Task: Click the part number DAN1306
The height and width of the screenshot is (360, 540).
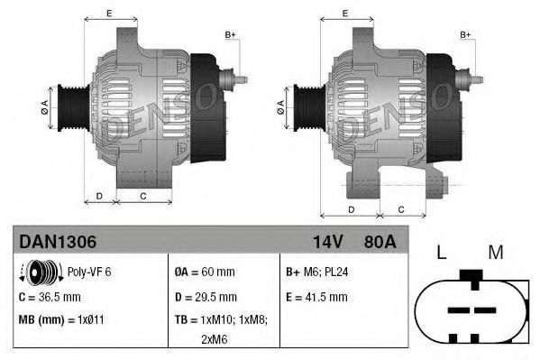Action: [x=58, y=242]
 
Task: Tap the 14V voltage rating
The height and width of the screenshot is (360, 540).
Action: [x=328, y=242]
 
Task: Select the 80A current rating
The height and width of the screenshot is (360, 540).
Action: [x=380, y=242]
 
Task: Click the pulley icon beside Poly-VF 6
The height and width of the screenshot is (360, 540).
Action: [x=41, y=272]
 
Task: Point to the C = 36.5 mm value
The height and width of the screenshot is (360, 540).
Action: [x=50, y=297]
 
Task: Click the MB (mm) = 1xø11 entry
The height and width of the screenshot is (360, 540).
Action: [x=61, y=319]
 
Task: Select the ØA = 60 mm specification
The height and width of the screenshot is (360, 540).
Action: [x=205, y=272]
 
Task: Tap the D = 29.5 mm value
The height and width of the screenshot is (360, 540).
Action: [x=206, y=297]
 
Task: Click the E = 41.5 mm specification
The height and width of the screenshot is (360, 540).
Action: [x=316, y=297]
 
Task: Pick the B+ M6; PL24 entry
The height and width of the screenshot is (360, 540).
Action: [x=316, y=272]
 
